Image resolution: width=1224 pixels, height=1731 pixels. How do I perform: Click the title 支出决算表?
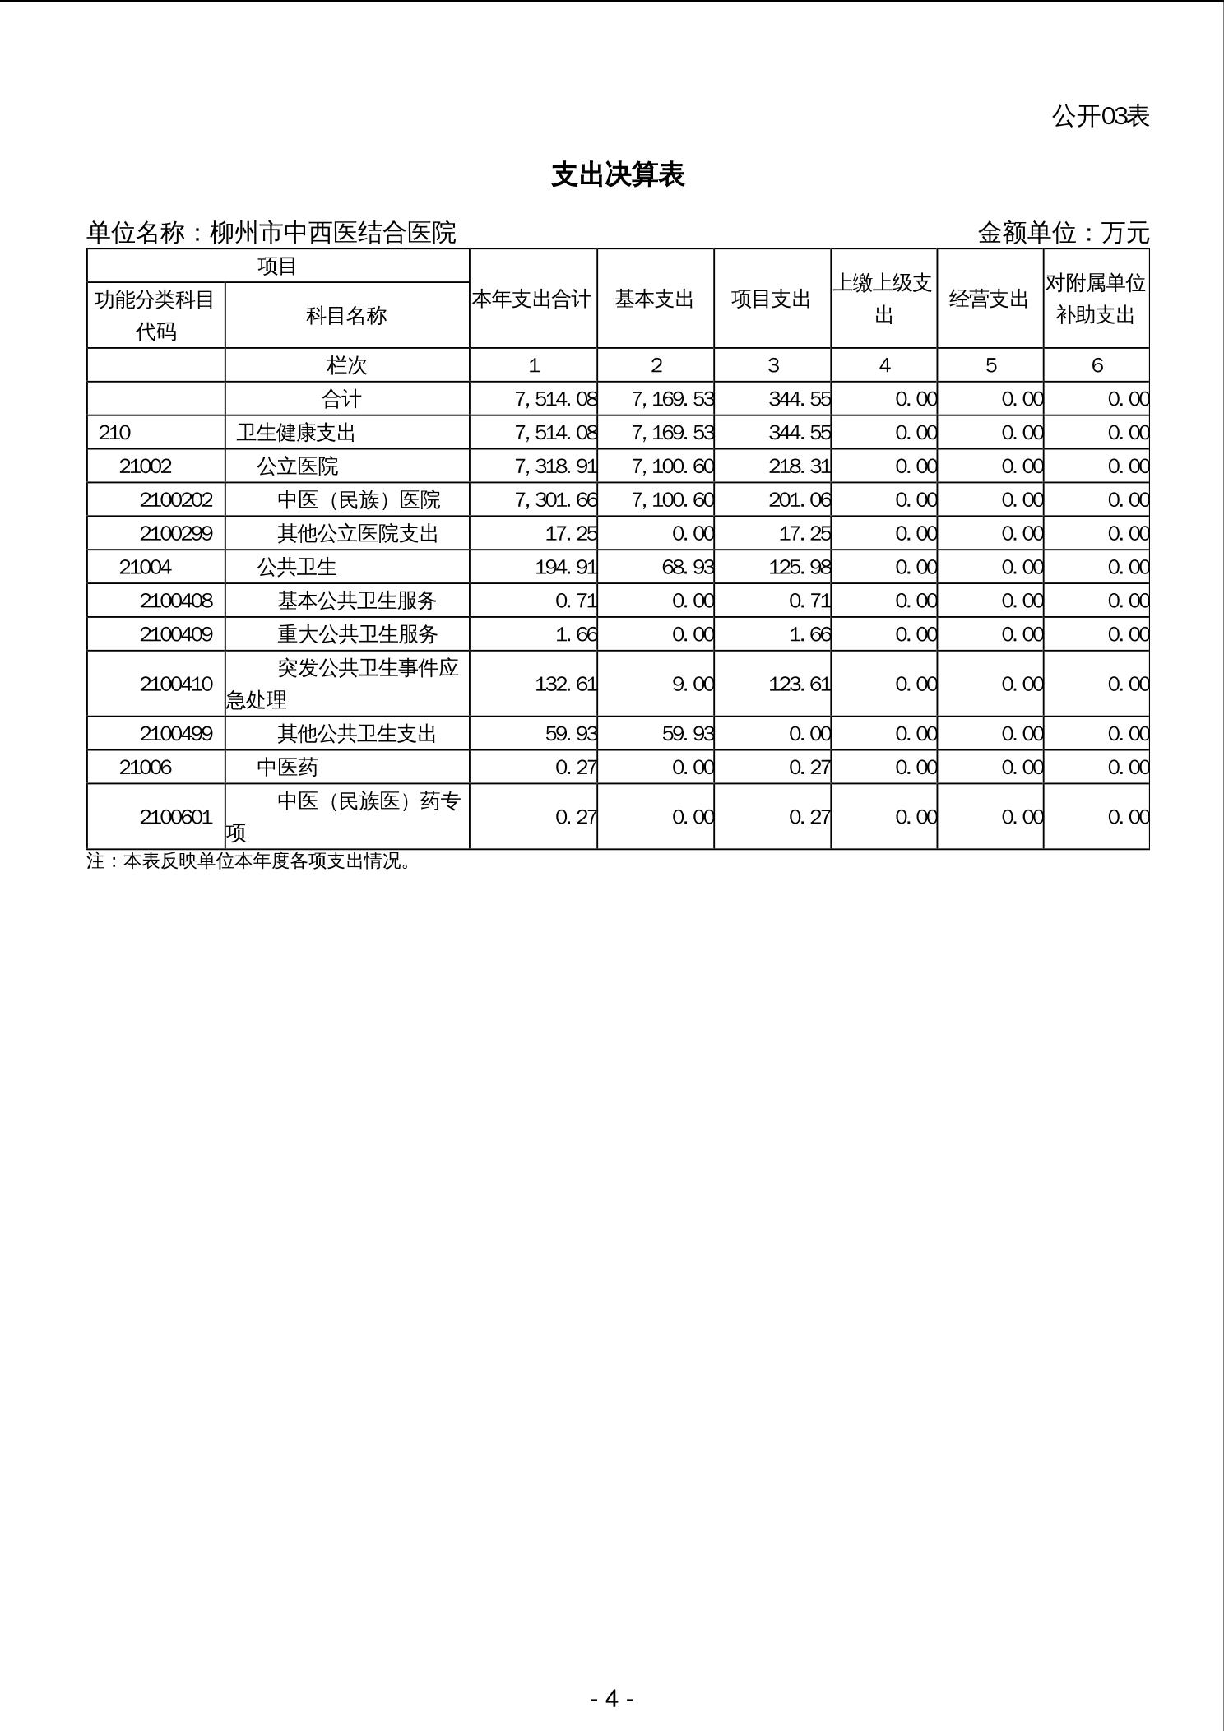pyautogui.click(x=618, y=175)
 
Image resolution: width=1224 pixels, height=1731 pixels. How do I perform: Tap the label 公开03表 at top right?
pyautogui.click(x=1100, y=117)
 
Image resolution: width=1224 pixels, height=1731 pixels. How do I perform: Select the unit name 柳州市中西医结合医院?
pyautogui.click(x=332, y=234)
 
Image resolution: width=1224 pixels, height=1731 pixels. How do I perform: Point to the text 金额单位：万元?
pyautogui.click(x=1063, y=234)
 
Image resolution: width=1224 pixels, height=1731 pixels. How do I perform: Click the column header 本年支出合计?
pyautogui.click(x=532, y=299)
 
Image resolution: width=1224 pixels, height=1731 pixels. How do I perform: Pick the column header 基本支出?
pyautogui.click(x=655, y=299)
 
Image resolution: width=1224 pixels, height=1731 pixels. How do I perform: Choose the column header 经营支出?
pyautogui.click(x=990, y=299)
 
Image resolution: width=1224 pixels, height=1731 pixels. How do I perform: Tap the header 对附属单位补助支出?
pyautogui.click(x=1096, y=299)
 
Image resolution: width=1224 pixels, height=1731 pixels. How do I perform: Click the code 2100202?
pyautogui.click(x=176, y=500)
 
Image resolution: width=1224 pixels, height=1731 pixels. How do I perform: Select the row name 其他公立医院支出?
pyautogui.click(x=358, y=534)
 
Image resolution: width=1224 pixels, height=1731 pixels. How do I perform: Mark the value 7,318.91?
pyautogui.click(x=555, y=466)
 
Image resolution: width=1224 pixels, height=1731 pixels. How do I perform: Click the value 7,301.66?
pyautogui.click(x=555, y=500)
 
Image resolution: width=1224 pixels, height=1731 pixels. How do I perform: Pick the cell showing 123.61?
pyautogui.click(x=799, y=685)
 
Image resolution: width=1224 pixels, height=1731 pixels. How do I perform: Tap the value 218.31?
pyautogui.click(x=799, y=466)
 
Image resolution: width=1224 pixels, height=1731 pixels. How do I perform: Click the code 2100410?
pyautogui.click(x=176, y=685)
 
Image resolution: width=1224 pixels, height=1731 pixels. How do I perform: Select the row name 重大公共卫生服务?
pyautogui.click(x=358, y=634)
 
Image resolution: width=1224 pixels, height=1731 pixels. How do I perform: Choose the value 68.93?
pyautogui.click(x=688, y=568)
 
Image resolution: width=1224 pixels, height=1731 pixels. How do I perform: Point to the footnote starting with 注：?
pyautogui.click(x=248, y=861)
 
